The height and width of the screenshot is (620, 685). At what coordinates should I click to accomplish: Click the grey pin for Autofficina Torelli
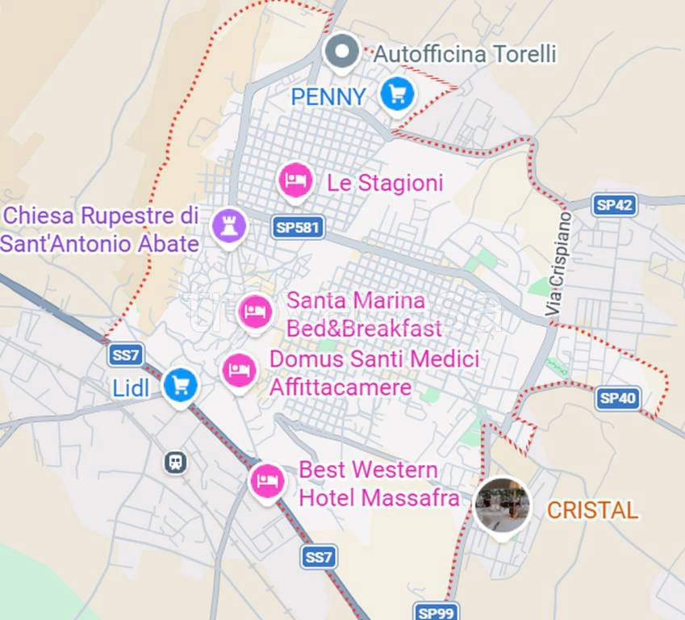coord(342,52)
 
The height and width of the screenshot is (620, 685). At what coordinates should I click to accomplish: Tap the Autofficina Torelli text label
coord(466,55)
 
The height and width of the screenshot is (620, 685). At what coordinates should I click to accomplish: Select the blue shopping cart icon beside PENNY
coord(397,94)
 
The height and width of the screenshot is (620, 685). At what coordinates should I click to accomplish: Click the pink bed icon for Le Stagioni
coord(295,180)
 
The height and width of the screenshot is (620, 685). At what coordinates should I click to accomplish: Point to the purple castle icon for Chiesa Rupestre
coord(228,225)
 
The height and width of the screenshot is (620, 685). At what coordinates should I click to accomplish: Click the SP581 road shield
coord(298,228)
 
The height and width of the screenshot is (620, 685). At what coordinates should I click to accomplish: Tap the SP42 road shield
coord(615,205)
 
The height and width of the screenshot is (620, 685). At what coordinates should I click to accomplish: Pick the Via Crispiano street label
coord(558,263)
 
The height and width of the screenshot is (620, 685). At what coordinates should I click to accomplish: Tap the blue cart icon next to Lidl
coord(180,386)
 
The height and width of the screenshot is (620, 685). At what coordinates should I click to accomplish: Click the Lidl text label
coord(131,388)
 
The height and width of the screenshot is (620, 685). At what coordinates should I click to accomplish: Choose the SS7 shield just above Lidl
coord(125,354)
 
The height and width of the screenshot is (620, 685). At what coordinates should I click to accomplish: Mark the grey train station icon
coord(175,462)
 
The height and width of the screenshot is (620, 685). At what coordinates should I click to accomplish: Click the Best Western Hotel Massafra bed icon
coord(267,481)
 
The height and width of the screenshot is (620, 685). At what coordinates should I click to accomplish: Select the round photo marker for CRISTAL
coord(502,505)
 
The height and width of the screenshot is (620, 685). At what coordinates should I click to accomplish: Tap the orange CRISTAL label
coord(592,510)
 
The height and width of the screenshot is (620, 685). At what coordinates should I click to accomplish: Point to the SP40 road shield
coord(618,398)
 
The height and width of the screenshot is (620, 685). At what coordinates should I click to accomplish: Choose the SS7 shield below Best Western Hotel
coord(320,557)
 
